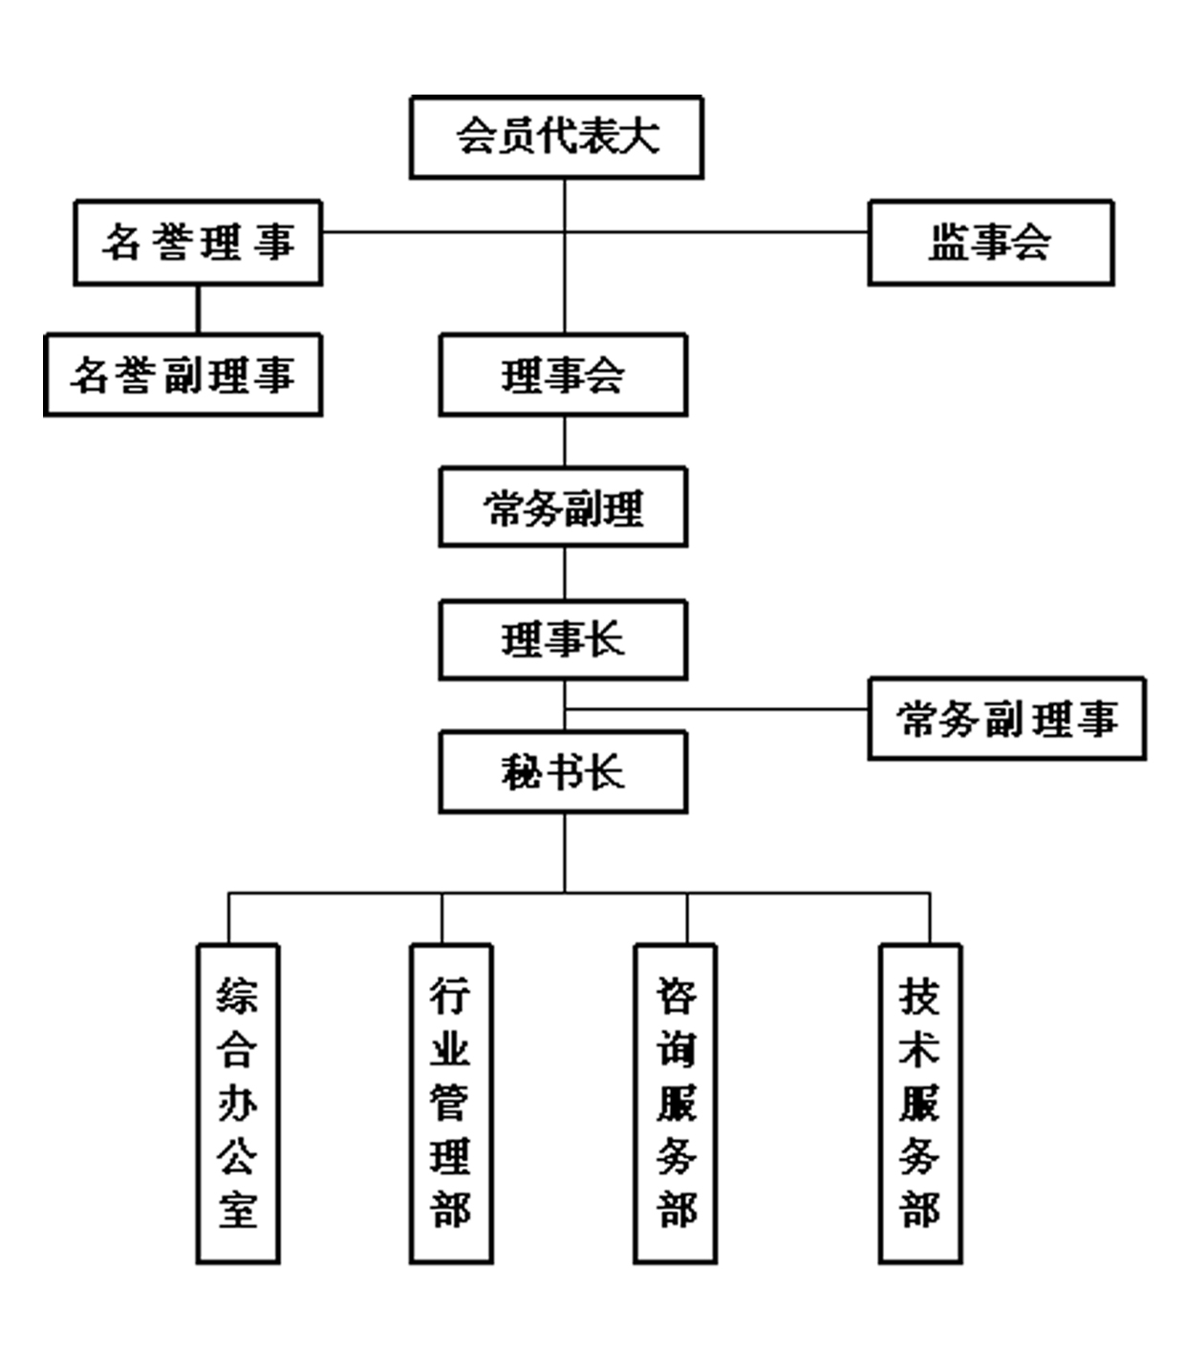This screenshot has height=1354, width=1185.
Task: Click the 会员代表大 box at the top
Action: [x=556, y=137]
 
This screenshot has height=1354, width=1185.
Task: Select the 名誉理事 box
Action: [x=198, y=242]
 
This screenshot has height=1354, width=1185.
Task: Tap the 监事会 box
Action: [x=990, y=242]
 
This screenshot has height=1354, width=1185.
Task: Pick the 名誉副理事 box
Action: [x=183, y=375]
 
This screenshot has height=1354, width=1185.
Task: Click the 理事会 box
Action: [x=563, y=375]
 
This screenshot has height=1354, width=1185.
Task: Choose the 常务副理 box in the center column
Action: [x=563, y=506]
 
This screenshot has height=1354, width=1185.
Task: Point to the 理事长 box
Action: [x=563, y=639]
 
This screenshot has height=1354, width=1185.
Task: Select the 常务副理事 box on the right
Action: [x=1006, y=719]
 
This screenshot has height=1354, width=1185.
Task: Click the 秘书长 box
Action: [x=563, y=772]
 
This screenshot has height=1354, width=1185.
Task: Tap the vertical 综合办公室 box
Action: [x=238, y=1104]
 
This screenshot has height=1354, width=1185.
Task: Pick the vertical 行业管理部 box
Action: [x=451, y=1104]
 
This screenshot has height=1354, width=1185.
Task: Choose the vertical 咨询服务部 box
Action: [x=676, y=1104]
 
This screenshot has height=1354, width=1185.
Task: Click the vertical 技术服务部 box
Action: [x=920, y=1104]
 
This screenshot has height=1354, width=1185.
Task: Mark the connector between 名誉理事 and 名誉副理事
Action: [x=198, y=309]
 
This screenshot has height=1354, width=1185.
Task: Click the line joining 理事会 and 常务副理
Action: [x=564, y=441]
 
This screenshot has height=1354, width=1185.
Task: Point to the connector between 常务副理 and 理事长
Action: [x=564, y=573]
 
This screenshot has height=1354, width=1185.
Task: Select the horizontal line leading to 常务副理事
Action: [x=717, y=709]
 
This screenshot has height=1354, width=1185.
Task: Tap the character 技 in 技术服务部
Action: [x=919, y=997]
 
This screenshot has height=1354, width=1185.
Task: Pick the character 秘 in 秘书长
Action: [x=522, y=772]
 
